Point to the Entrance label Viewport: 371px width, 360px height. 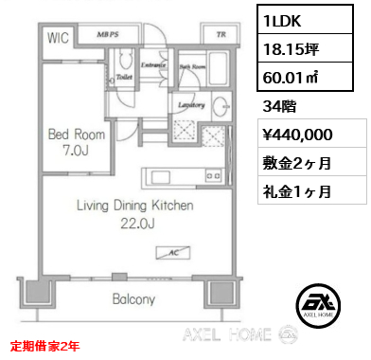153,65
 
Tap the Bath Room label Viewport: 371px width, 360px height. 192,67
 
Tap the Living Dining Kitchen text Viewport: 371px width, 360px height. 133,205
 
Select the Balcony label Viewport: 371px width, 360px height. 132,300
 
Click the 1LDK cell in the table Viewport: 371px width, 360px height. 313,22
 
